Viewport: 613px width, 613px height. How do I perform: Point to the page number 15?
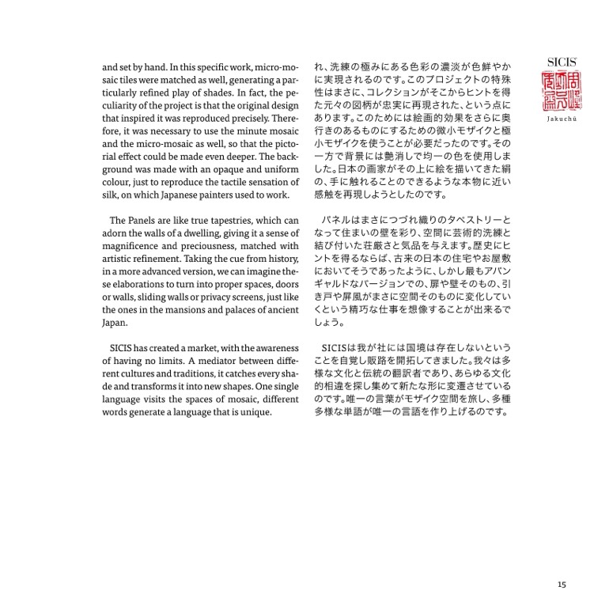pos(562,585)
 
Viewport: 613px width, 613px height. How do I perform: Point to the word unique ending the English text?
pos(255,413)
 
